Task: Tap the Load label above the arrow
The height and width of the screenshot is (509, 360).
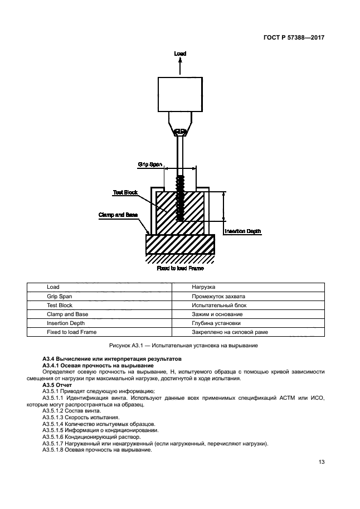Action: pos(180,54)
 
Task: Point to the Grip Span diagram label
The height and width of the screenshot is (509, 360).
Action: pos(150,164)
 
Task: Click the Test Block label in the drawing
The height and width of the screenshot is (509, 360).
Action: pos(125,192)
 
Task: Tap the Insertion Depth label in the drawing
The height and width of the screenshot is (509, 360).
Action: pos(242,231)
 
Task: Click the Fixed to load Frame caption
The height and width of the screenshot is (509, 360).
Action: pos(180,268)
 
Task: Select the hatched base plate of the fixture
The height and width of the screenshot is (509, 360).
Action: pos(180,244)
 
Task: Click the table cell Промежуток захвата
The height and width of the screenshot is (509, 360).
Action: pos(218,296)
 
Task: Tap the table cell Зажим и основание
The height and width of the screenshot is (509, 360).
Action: pos(217,314)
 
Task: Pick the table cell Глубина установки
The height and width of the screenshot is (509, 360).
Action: pos(216,323)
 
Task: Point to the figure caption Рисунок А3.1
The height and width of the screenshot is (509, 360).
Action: pos(179,346)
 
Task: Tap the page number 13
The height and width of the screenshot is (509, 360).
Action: pos(322,462)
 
